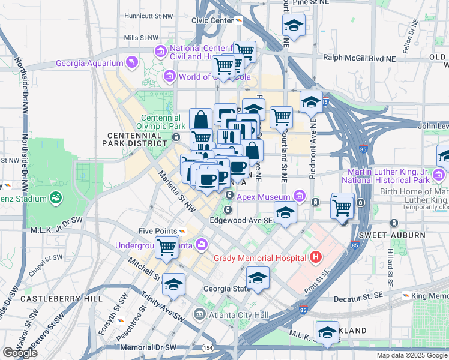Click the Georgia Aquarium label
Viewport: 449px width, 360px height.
click(x=89, y=63)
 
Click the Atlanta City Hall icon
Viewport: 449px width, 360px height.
click(x=199, y=313)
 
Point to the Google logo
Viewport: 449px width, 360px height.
click(x=20, y=353)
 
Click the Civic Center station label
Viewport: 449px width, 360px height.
click(x=212, y=20)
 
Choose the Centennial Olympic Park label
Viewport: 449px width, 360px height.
click(x=163, y=122)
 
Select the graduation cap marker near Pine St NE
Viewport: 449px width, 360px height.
click(x=294, y=26)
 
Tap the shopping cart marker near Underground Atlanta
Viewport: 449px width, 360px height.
click(x=167, y=246)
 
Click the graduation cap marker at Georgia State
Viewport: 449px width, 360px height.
click(x=258, y=278)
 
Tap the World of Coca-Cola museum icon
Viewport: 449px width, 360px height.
click(x=170, y=76)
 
